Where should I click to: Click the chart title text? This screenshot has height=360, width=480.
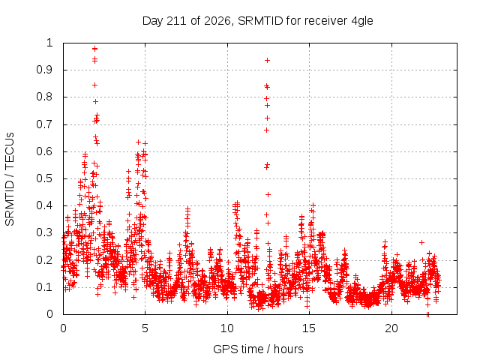point(258,21)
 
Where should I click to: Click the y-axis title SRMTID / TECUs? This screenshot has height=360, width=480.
point(10,179)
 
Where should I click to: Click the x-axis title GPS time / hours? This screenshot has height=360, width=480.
point(258,349)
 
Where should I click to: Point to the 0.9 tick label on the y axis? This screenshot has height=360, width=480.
point(45,70)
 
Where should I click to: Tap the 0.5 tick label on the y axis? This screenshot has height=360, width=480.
point(45,178)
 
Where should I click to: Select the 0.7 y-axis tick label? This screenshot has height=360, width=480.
point(45,124)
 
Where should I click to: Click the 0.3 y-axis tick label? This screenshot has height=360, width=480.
point(45,232)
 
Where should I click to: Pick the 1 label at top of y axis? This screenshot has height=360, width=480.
point(50,43)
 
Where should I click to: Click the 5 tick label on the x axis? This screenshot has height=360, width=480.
point(145,328)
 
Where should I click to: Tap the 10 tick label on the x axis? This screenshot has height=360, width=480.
point(227,328)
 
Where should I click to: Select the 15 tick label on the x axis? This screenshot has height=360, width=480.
point(309,328)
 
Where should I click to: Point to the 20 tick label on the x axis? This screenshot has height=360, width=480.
point(391,328)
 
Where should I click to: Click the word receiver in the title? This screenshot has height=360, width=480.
point(325,21)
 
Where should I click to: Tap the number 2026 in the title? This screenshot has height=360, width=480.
point(217,21)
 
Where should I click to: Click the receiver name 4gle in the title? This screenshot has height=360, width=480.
point(362,22)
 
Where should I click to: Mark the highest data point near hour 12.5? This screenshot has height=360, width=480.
point(267,60)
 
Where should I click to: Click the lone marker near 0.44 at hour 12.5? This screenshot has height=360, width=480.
point(268,194)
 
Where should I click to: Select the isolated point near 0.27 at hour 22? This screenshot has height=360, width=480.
point(421,242)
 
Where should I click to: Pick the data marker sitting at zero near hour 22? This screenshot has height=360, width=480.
point(427,313)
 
